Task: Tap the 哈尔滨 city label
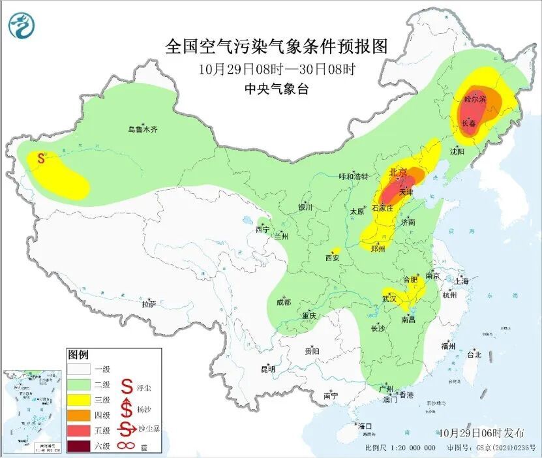(475, 100)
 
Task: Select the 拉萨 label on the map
(149, 303)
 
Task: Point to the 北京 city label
(398, 172)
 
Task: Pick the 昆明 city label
(268, 369)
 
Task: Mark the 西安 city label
(332, 258)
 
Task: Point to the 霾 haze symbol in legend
(127, 446)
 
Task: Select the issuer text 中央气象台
(277, 89)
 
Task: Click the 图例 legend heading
(78, 355)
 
